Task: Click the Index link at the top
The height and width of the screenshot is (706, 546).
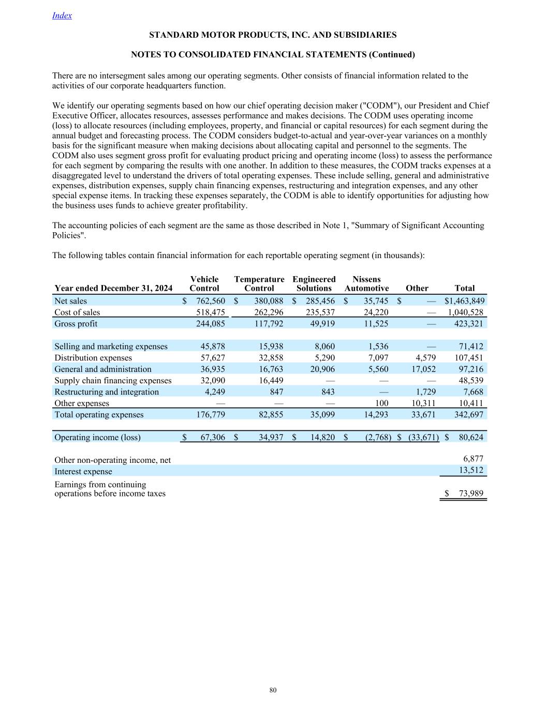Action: [62, 16]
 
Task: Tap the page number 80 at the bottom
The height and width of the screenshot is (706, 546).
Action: [273, 690]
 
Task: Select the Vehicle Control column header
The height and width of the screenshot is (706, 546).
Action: [204, 284]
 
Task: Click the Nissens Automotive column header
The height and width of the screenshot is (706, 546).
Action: [366, 284]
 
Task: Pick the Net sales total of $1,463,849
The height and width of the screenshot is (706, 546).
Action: [465, 301]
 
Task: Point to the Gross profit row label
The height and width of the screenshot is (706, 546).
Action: [76, 324]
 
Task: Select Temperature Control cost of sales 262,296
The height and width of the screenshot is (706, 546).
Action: [265, 312]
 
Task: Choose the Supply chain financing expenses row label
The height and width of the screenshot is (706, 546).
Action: [113, 381]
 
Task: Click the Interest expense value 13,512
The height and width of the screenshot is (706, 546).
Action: [471, 471]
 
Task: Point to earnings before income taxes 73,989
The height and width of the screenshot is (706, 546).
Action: [471, 493]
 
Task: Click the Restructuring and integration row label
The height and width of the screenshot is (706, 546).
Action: [107, 392]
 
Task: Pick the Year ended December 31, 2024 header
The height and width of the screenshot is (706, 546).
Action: [113, 288]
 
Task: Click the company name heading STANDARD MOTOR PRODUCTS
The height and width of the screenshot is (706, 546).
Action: [273, 35]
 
